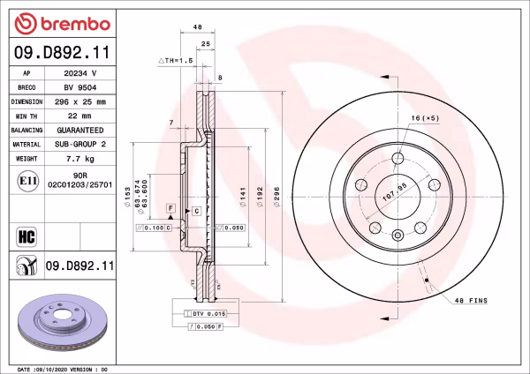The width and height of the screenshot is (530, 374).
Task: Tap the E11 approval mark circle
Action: tap(26, 183)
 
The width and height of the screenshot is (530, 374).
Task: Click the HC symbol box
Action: tap(26, 235)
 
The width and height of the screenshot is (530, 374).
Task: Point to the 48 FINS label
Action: tap(471, 301)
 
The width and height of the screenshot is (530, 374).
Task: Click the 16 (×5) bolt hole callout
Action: tap(425, 117)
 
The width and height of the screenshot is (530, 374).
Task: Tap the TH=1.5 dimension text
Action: tap(176, 59)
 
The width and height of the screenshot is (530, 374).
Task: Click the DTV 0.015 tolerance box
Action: tap(206, 314)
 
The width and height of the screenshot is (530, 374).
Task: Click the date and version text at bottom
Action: tap(62, 368)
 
